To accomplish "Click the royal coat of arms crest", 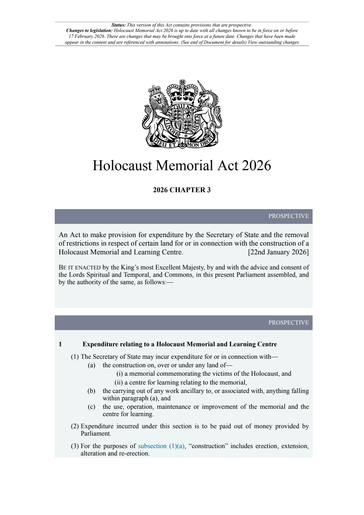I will pos(182,114).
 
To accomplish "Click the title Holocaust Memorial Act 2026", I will pos(182,166).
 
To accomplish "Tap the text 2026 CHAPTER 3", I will pos(182,190).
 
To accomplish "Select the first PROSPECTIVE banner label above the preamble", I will pos(288,216).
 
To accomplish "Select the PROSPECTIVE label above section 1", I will pos(288,323).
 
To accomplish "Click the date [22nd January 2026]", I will pos(278,252).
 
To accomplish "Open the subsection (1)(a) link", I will pos(161,446).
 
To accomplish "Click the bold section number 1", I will pos(60,344).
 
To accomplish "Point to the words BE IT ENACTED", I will pos(79,268).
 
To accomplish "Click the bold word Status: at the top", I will pos(119,25).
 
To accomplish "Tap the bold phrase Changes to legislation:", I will pos(89,31).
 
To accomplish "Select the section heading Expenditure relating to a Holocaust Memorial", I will pos(180,344).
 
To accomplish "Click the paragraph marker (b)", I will pos(91,391).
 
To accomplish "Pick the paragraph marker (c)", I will pos(91,407).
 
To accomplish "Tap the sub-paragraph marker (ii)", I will pos(119,383).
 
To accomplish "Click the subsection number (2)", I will pos(75,426).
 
